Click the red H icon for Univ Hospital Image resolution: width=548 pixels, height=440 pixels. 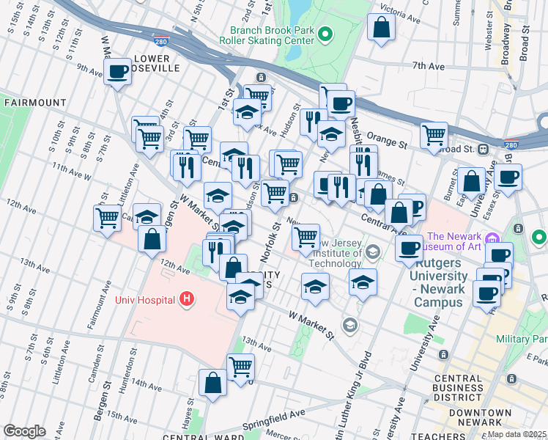point(188,299)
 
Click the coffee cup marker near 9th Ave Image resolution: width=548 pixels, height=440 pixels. point(117,72)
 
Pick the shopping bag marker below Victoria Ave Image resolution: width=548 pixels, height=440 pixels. point(382,28)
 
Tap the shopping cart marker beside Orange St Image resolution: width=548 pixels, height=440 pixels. point(434,134)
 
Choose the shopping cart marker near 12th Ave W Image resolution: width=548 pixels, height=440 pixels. point(107,217)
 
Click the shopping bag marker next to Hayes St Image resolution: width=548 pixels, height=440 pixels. point(212,383)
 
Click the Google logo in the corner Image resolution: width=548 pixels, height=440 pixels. point(25,430)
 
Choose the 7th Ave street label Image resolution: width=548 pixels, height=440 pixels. point(429,66)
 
